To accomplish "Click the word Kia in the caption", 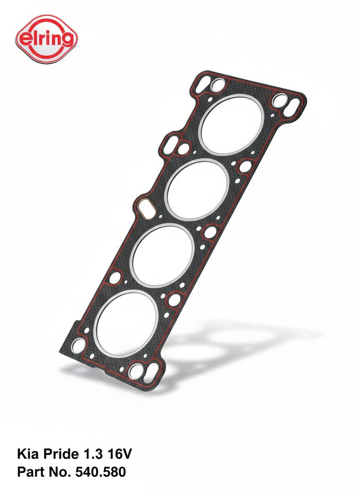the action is pyautogui.click(x=27, y=454).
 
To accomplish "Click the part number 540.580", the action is pyautogui.click(x=100, y=472).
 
